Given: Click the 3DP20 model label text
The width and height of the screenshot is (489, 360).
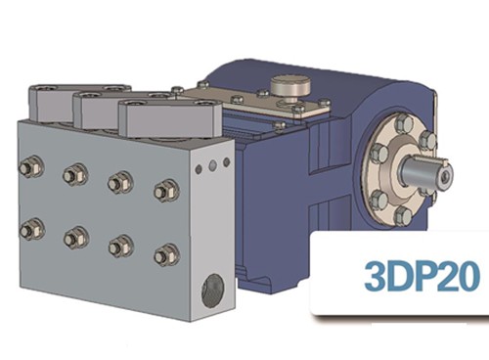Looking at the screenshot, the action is (x=422, y=276).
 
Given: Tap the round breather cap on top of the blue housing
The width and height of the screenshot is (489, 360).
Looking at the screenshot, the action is (x=290, y=85).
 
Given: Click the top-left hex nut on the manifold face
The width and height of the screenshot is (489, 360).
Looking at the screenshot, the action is (x=31, y=167).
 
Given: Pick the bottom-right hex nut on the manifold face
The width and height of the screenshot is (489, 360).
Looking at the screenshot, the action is (x=166, y=255).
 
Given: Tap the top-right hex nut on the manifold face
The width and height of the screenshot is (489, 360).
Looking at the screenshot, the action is (x=166, y=191).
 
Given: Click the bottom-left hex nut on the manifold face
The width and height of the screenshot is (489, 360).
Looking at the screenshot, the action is (x=31, y=229).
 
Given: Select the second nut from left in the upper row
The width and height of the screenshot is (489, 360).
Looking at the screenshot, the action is (x=75, y=175).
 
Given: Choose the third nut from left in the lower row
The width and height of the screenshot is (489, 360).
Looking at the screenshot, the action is (x=121, y=247).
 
